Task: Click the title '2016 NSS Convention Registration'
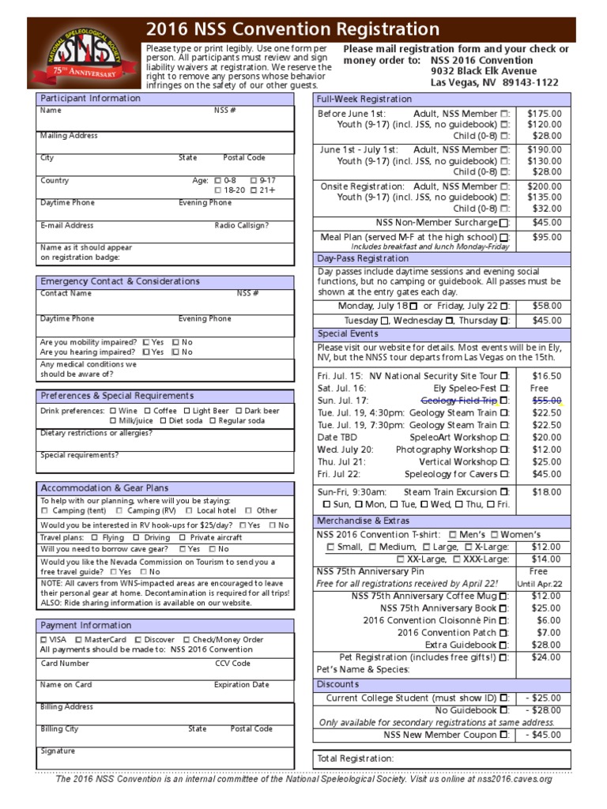click(x=292, y=30)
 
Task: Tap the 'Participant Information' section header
click(x=90, y=99)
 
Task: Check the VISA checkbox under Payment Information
click(x=43, y=639)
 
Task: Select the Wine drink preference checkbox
click(x=114, y=411)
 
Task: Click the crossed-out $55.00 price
click(x=545, y=401)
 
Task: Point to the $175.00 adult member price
click(x=545, y=114)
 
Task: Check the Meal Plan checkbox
click(x=504, y=237)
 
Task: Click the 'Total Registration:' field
click(x=442, y=758)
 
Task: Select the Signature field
click(x=164, y=757)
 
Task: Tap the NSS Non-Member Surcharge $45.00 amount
click(x=545, y=222)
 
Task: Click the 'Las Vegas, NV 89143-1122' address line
click(x=494, y=81)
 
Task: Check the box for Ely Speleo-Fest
click(x=504, y=389)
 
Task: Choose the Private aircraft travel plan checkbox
click(x=184, y=537)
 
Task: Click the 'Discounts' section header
click(x=338, y=684)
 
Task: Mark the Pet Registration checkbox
click(x=504, y=657)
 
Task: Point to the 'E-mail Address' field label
click(x=67, y=225)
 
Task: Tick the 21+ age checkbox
click(x=254, y=190)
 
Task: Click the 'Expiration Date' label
click(x=241, y=685)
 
